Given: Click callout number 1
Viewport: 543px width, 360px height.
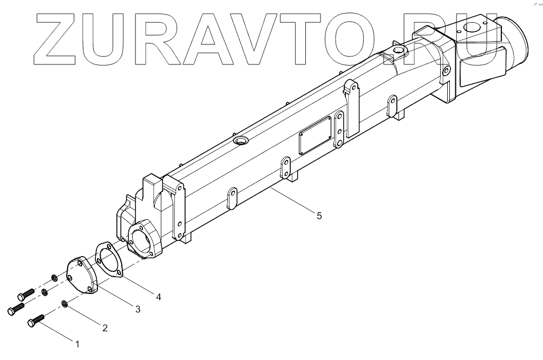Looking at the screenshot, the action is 77,344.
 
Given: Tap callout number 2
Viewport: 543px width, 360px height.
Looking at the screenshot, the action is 105,327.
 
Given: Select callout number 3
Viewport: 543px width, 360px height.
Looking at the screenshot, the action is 138,309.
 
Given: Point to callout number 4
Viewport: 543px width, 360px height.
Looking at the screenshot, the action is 158,296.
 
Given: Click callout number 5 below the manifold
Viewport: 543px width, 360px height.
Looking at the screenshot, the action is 319,215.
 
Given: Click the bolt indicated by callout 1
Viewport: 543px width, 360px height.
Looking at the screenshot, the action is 37,320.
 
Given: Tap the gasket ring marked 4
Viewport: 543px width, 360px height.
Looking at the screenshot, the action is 109,260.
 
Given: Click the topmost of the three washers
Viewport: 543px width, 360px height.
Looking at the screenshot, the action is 55,278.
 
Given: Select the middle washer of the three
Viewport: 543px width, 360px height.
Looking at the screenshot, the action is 45,293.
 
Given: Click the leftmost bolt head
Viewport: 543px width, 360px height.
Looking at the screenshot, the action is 11,311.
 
